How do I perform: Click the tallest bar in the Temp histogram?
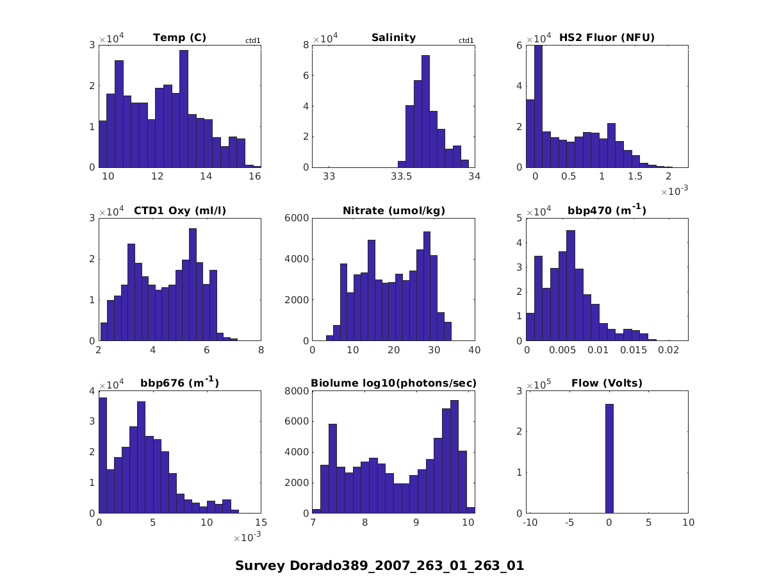click(184, 109)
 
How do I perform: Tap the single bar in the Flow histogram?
click(609, 458)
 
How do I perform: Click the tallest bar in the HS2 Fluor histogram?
click(539, 106)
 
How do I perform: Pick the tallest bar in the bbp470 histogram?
click(571, 285)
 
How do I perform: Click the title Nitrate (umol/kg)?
click(393, 210)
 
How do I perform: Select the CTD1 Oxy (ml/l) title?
click(179, 210)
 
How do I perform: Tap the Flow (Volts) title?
click(607, 383)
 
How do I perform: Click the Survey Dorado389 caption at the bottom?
click(380, 566)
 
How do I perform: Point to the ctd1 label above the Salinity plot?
click(466, 41)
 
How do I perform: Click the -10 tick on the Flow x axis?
click(530, 523)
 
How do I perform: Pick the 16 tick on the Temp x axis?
click(254, 177)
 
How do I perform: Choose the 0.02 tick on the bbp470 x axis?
click(669, 351)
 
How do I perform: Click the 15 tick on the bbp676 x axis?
click(261, 523)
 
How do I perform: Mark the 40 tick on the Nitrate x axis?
click(475, 351)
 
